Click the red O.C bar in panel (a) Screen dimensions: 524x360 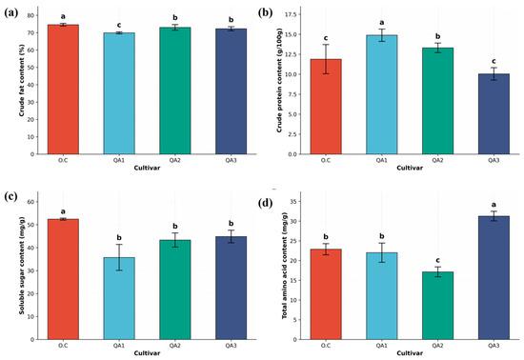(x=63, y=90)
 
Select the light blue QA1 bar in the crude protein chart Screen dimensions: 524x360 (x=382, y=94)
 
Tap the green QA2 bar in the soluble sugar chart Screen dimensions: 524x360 (x=175, y=290)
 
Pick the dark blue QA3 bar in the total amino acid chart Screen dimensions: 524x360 (x=494, y=277)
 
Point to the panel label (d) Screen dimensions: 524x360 (x=266, y=203)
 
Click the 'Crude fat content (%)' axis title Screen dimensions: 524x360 (x=22, y=83)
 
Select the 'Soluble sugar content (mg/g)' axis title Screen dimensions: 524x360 (x=22, y=264)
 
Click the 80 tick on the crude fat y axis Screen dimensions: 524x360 (x=30, y=15)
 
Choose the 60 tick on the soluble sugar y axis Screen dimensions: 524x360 (x=30, y=202)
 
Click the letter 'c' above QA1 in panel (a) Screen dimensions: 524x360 (x=119, y=25)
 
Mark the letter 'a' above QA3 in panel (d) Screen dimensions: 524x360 (x=494, y=205)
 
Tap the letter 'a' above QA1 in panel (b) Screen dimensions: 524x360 (x=382, y=23)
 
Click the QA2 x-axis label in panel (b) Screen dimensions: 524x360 (x=437, y=160)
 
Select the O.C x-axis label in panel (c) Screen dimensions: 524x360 (x=63, y=346)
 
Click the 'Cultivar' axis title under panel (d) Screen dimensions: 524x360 (x=410, y=353)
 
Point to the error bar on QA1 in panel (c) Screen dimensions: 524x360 (x=119, y=257)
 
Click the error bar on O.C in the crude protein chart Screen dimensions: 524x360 (x=326, y=59)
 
